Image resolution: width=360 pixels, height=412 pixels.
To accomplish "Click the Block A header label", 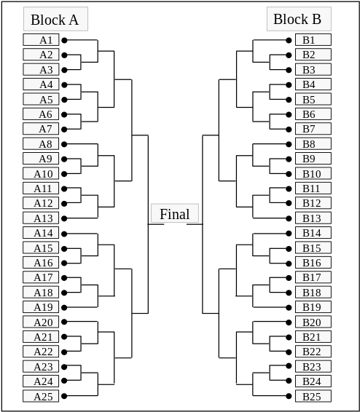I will pos(55,20).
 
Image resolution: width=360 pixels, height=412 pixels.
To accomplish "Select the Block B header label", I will pos(299,19).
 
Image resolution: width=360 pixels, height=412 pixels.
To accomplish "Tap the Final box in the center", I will pos(175,214).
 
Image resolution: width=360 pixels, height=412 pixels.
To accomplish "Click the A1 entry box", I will pos(42,40).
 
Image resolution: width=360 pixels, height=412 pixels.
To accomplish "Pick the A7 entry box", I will pos(42,129).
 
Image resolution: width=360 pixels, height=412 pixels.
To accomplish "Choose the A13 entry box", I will pos(42,218).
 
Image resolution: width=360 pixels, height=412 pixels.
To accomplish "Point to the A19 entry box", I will pos(42,307).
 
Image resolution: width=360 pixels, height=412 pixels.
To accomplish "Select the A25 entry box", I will pos(42,397).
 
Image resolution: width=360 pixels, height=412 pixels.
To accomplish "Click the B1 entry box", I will pos(313,40).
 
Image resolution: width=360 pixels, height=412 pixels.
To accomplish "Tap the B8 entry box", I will pos(313,144).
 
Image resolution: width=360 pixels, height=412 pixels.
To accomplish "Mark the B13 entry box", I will pos(313,218).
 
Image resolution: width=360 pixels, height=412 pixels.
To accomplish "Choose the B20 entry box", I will pos(313,322).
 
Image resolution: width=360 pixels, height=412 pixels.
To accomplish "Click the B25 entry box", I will pos(313,397).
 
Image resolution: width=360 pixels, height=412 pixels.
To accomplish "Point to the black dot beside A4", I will pos(64,85).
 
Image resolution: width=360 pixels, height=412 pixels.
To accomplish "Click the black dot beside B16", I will pos(289,263).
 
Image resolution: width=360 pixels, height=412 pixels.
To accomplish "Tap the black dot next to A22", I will pos(64,352).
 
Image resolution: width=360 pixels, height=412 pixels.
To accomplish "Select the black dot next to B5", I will pos(289,100).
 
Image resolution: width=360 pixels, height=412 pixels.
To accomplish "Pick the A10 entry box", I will pos(42,174).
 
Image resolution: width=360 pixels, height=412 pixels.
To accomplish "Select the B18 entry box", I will pos(313,293).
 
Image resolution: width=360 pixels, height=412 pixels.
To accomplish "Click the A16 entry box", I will pos(42,263).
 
